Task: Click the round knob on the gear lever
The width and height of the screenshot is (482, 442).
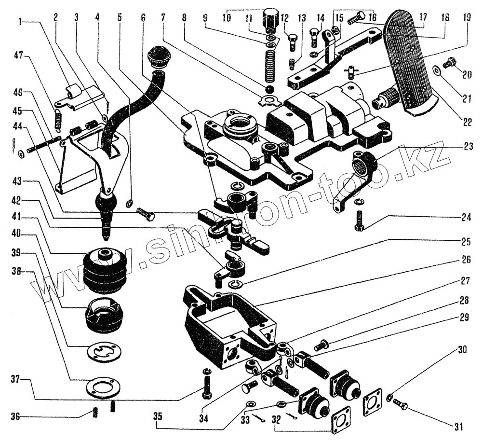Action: point(159,57)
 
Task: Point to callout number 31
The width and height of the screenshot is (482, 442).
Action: point(458,427)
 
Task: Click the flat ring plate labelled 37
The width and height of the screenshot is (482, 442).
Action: point(101,387)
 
